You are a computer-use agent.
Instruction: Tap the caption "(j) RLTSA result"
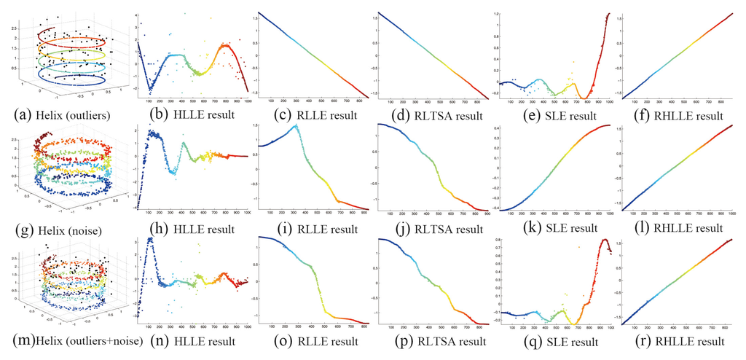coord(434,228)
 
